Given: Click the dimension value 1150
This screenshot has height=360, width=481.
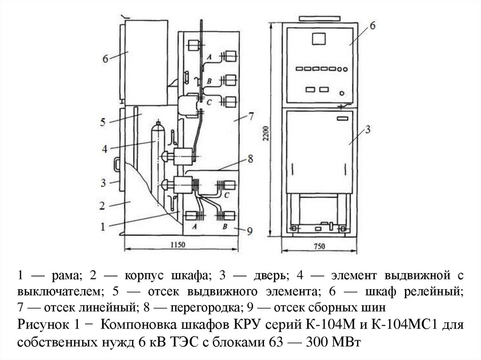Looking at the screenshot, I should tap(178, 244).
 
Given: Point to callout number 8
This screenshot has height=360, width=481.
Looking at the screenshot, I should tap(250, 159).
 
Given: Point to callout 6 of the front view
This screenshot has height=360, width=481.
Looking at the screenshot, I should tap(372, 25).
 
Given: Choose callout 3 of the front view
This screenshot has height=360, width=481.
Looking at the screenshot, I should tap(369, 129).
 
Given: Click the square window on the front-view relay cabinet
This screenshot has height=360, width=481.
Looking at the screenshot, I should tap(319, 38).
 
